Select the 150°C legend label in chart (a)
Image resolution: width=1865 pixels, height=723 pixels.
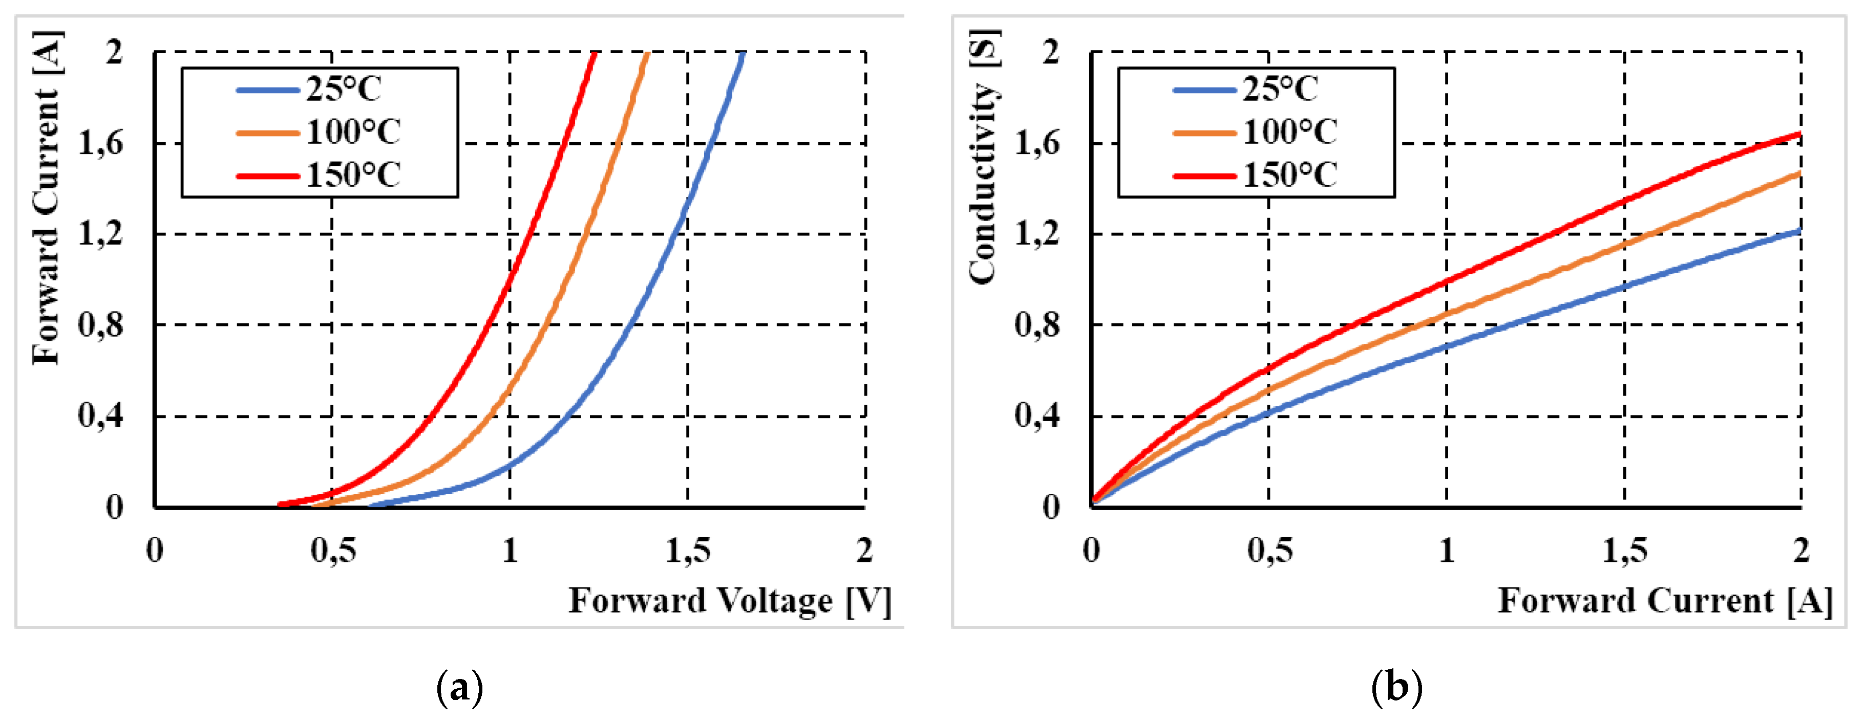[x=353, y=175]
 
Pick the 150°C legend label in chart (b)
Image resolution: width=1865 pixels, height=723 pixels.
[x=1290, y=175]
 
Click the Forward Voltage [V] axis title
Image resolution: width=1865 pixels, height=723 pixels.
[x=730, y=601]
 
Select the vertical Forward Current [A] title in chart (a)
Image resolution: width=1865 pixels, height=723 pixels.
[x=46, y=197]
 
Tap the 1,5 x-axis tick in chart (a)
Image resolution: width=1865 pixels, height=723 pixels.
[x=688, y=551]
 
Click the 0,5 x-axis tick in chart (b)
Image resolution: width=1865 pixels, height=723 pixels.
[x=1269, y=551]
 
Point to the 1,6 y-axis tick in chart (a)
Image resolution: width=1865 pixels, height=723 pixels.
[x=101, y=143]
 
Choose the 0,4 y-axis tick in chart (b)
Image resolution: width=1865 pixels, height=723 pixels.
[x=1037, y=416]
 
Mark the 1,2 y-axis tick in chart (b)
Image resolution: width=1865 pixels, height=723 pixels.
[x=1037, y=234]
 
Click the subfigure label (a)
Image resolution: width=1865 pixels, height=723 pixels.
[x=459, y=688]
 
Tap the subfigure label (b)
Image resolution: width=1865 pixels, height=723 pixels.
[x=1396, y=688]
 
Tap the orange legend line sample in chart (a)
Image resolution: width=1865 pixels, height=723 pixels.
[x=268, y=133]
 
